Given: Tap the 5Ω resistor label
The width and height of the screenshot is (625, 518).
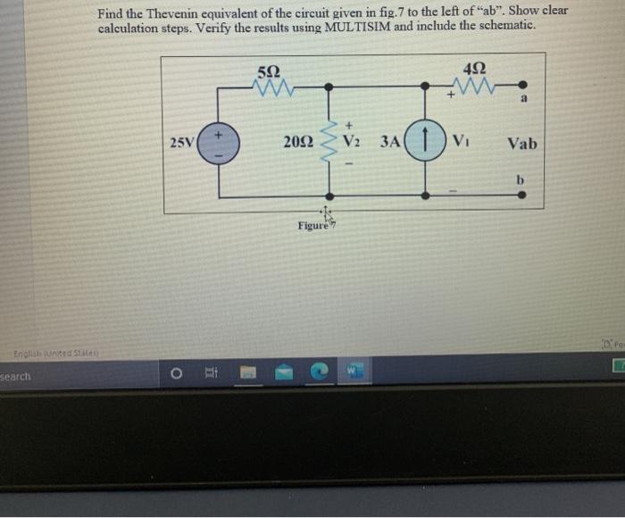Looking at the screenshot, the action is [267, 71].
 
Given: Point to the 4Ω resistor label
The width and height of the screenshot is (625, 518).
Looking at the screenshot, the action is [475, 71].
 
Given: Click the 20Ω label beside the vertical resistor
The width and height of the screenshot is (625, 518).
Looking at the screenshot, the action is [297, 142].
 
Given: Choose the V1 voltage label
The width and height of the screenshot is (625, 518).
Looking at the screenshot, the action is [461, 142].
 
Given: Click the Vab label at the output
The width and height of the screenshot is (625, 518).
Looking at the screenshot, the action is [521, 143].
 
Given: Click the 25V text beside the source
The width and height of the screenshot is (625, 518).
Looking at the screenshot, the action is [181, 143].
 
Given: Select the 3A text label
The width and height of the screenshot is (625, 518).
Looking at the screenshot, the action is [389, 142].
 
